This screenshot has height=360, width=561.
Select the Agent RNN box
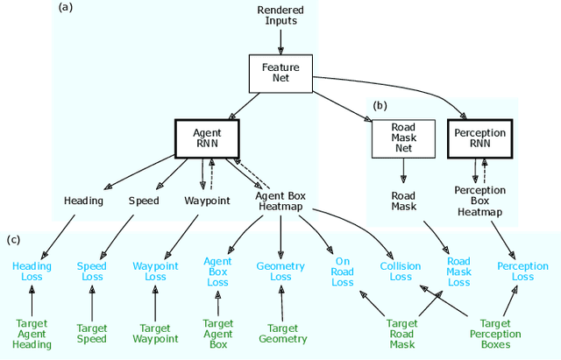[x=208, y=138]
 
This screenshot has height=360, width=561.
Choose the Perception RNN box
[x=479, y=138]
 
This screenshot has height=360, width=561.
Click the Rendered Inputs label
[x=280, y=16]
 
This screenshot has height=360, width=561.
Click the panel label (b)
[x=380, y=105]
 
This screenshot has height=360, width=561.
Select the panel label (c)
[x=15, y=239]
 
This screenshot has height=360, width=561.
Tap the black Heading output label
[x=83, y=201]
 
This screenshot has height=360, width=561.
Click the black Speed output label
[x=145, y=201]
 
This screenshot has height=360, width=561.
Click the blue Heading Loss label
[x=32, y=271]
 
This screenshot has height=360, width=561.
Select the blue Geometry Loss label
[x=280, y=271]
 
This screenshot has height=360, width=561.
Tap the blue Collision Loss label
[x=401, y=271]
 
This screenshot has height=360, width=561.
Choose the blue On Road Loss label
[x=343, y=271]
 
